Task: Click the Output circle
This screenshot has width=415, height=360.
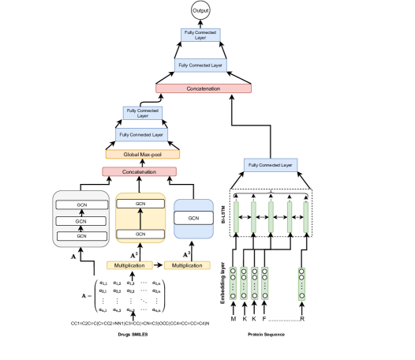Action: coord(201,10)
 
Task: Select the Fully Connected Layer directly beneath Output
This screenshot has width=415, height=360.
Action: coord(200,35)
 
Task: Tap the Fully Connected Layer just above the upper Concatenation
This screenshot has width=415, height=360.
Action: coord(200,66)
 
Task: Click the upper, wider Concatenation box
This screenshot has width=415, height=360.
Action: coord(204,88)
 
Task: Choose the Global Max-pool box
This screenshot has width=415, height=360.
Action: coord(143,155)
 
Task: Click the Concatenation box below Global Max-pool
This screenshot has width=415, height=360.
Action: coord(139,171)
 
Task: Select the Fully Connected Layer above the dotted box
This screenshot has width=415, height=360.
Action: coord(271,165)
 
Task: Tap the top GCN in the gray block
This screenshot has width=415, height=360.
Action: coord(81,204)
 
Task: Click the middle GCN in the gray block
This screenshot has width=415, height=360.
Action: coord(81,222)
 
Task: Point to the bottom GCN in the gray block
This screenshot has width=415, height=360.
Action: coord(81,235)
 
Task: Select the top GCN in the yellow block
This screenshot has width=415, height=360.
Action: coord(140,204)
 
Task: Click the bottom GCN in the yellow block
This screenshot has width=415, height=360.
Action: coord(140,234)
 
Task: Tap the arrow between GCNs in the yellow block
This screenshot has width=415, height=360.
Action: coord(140,219)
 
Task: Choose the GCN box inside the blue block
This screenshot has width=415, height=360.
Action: coord(193,218)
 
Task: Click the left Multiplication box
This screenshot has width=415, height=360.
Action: coord(129,265)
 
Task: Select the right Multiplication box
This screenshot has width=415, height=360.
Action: coord(187,265)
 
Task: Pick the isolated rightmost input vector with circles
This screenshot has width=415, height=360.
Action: coord(301,283)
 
